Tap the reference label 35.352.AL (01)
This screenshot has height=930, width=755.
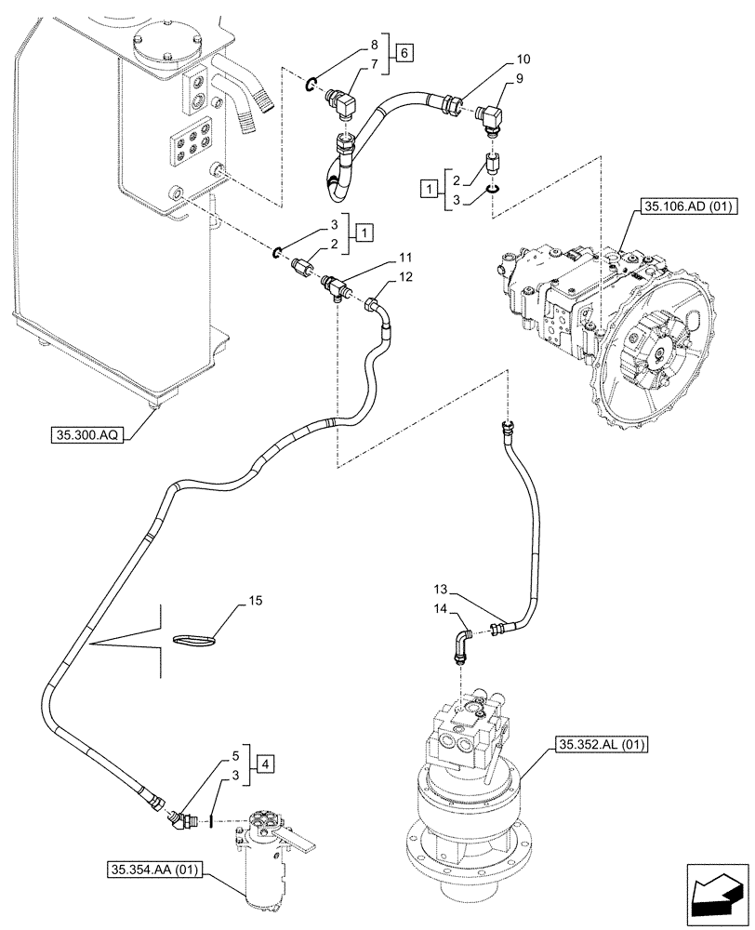click(x=605, y=744)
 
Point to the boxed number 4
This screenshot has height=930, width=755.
click(x=266, y=765)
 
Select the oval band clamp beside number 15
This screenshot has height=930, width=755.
click(x=194, y=640)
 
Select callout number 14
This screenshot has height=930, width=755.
click(x=439, y=610)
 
